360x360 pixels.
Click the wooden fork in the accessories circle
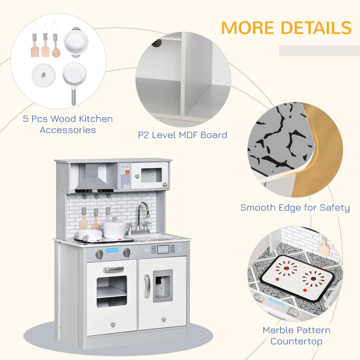pyautogui.click(x=44, y=45)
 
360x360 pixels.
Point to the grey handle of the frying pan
pyautogui.click(x=73, y=95)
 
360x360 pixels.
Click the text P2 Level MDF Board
pyautogui.click(x=182, y=134)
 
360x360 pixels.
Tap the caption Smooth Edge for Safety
pyautogui.click(x=295, y=207)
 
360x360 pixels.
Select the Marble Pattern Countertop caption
pyautogui.click(x=296, y=335)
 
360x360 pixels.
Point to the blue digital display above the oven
pyautogui.click(x=112, y=249)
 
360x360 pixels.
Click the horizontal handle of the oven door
pyautogui.click(x=113, y=269)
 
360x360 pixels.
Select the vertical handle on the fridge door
pyautogui.click(x=146, y=286)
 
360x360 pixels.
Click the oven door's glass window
pyautogui.click(x=111, y=291)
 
